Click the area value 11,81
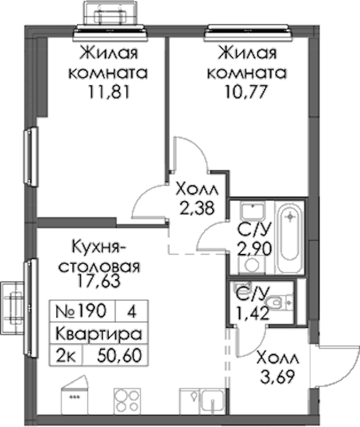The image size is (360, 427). pyautogui.click(x=108, y=92)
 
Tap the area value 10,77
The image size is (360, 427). pyautogui.click(x=246, y=92)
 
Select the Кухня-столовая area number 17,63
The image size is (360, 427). pyautogui.click(x=98, y=281)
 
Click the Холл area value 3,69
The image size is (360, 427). pyautogui.click(x=278, y=377)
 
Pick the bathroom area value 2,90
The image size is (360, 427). pyautogui.click(x=254, y=249)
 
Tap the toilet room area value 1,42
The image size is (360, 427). pyautogui.click(x=253, y=313)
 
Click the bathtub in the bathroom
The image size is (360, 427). pyautogui.click(x=290, y=237)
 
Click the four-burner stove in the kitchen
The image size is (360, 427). pyautogui.click(x=127, y=401)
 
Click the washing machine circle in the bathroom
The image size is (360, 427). pyautogui.click(x=252, y=264)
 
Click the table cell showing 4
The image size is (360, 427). pyautogui.click(x=132, y=311)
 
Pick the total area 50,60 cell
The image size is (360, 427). pyautogui.click(x=115, y=355)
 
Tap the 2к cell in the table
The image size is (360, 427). pyautogui.click(x=65, y=355)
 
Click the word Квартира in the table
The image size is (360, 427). pyautogui.click(x=99, y=333)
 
